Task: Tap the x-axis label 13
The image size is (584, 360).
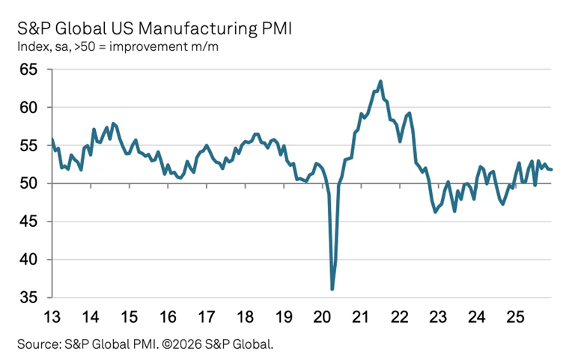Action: click(x=52, y=315)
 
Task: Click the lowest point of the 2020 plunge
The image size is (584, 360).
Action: click(x=332, y=289)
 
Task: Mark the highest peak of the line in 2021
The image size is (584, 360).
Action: click(x=380, y=82)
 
